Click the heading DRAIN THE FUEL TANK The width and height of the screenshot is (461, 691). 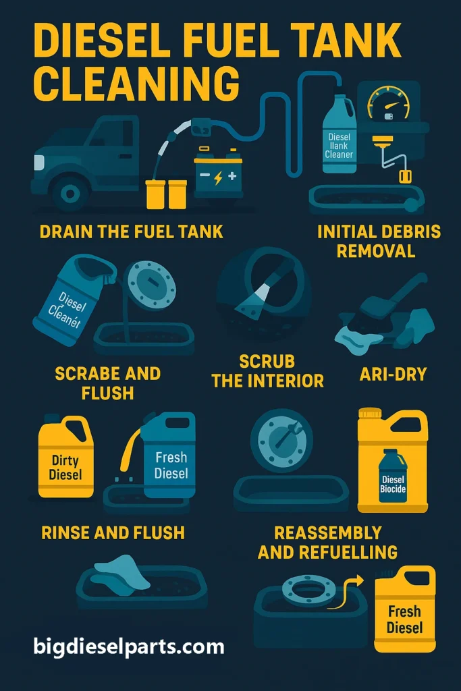(x=131, y=232)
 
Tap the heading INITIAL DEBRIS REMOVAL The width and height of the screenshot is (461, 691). (x=379, y=242)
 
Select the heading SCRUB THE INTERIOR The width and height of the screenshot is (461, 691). (x=267, y=370)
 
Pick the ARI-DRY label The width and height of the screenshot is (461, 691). (x=383, y=374)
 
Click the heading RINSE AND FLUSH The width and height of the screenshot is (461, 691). (x=113, y=533)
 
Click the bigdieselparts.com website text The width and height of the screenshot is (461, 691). (x=129, y=647)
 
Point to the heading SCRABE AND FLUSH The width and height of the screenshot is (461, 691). (x=107, y=383)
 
